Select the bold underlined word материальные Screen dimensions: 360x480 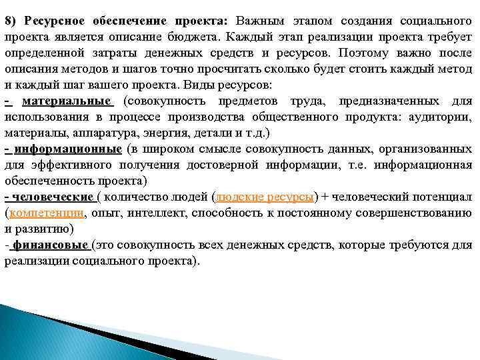click(x=67, y=101)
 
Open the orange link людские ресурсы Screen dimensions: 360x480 click(x=265, y=197)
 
